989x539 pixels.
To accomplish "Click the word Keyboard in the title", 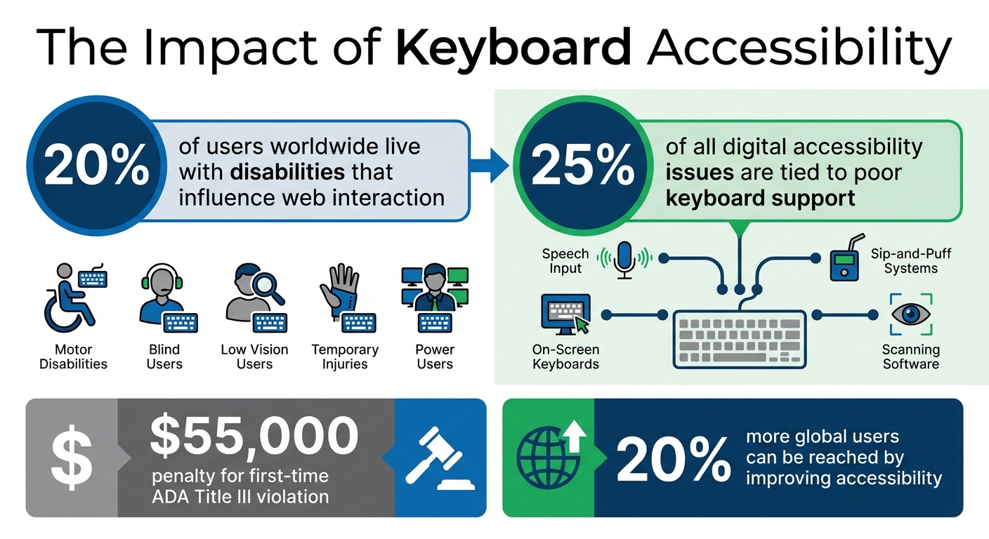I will pyautogui.click(x=513, y=48).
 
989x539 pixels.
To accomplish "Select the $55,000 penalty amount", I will pyautogui.click(x=254, y=436).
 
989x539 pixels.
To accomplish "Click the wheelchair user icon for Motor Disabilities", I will pyautogui.click(x=73, y=298).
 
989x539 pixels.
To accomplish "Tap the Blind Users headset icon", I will pyautogui.click(x=164, y=293).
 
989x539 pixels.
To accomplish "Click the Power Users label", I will pyautogui.click(x=435, y=357).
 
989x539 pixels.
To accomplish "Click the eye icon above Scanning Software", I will pyautogui.click(x=911, y=314).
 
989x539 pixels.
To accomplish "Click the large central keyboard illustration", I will pyautogui.click(x=739, y=339).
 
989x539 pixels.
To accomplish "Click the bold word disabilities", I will pyautogui.click(x=287, y=171).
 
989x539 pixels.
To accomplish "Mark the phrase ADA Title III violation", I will pyautogui.click(x=240, y=497).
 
